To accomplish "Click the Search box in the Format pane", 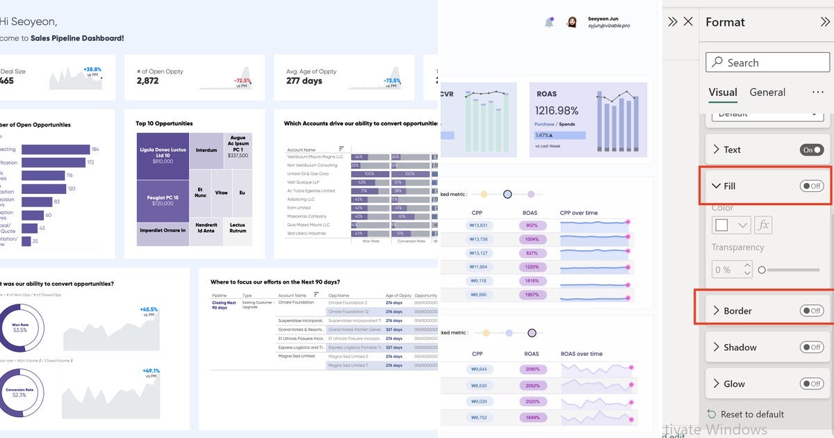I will click(767, 63).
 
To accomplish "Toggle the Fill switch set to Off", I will click(811, 186).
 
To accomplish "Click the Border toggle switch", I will click(811, 311).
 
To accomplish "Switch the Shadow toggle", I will click(811, 347).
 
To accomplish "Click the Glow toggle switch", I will click(811, 383).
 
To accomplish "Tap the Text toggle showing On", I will click(811, 149).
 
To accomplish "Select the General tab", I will click(767, 92).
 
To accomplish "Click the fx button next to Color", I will click(763, 225).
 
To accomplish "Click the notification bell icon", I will click(549, 22).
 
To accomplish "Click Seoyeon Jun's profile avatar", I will click(572, 22).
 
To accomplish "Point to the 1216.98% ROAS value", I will click(557, 111).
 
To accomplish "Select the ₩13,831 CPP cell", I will click(480, 225).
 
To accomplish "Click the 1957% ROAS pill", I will click(532, 294).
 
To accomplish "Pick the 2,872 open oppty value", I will click(147, 81).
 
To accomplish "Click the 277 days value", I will click(304, 81).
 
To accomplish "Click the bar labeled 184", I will click(56, 149).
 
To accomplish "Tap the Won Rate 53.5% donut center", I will click(19, 327).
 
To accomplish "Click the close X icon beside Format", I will click(688, 22).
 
